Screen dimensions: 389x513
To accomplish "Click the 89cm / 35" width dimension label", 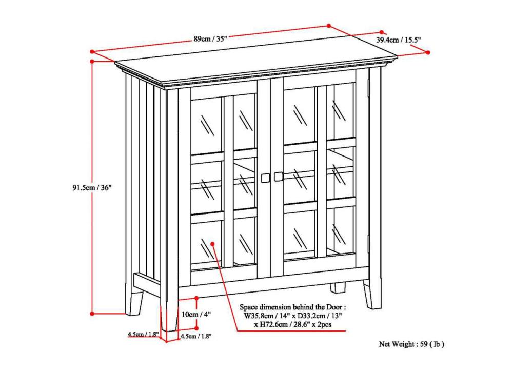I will pyautogui.click(x=208, y=39).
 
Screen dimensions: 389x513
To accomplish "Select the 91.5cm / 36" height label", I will pyautogui.click(x=92, y=187).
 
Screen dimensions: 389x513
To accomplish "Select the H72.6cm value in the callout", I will pyautogui.click(x=267, y=324).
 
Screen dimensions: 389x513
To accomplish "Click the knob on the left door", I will pyautogui.click(x=266, y=178).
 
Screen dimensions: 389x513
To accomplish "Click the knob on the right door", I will pyautogui.click(x=279, y=177).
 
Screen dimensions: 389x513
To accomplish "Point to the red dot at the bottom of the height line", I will pyautogui.click(x=92, y=313).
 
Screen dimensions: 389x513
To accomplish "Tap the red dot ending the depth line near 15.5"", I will pyautogui.click(x=428, y=52).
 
